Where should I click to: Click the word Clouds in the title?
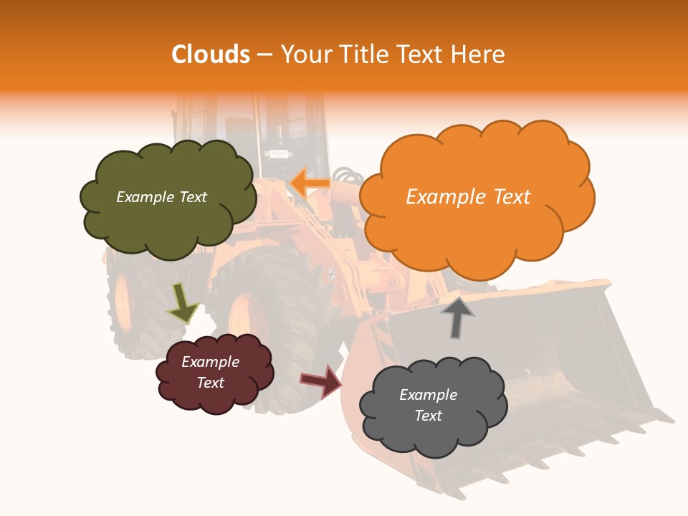(x=211, y=54)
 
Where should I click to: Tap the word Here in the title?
(x=479, y=54)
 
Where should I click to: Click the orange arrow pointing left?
(x=311, y=183)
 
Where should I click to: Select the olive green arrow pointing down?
(x=183, y=303)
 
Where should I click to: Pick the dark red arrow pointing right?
(x=320, y=381)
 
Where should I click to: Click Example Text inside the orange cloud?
(x=468, y=197)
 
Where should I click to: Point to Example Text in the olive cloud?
(x=161, y=197)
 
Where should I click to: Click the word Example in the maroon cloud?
(x=210, y=362)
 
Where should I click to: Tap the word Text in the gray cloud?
(x=428, y=416)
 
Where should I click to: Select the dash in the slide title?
(x=264, y=55)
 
